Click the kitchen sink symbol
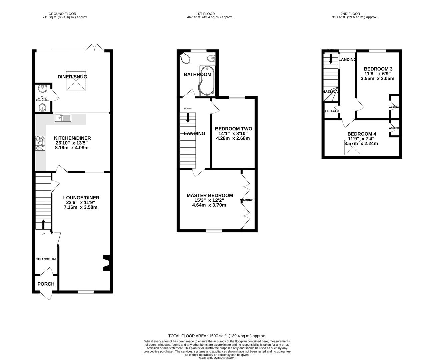point(63,117)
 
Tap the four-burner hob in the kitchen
point(40,144)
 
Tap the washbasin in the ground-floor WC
point(43,89)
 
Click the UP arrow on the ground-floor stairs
point(43,224)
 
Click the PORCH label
point(46,284)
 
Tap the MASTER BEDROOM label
point(209,195)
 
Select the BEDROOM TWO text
point(233,129)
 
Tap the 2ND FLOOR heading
point(350,14)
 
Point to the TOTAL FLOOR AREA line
point(217,336)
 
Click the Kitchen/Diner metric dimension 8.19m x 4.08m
point(72,148)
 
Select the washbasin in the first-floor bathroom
point(211,59)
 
